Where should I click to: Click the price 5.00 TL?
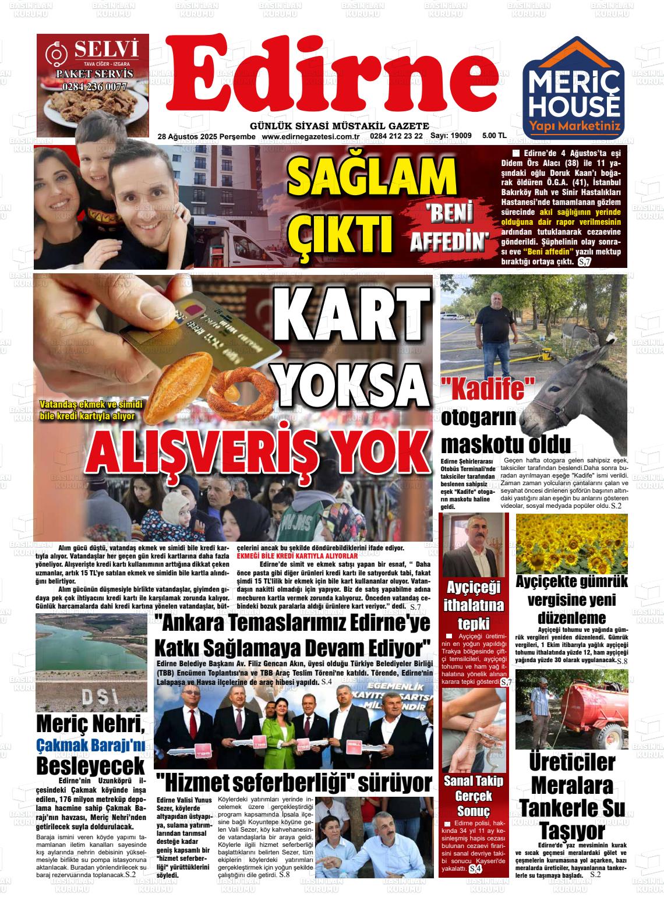(x=495, y=136)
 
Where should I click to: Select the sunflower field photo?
(x=571, y=543)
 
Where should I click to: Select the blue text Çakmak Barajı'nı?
(x=90, y=744)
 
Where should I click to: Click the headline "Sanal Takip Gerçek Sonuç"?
(x=474, y=796)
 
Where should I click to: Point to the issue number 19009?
(x=461, y=136)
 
